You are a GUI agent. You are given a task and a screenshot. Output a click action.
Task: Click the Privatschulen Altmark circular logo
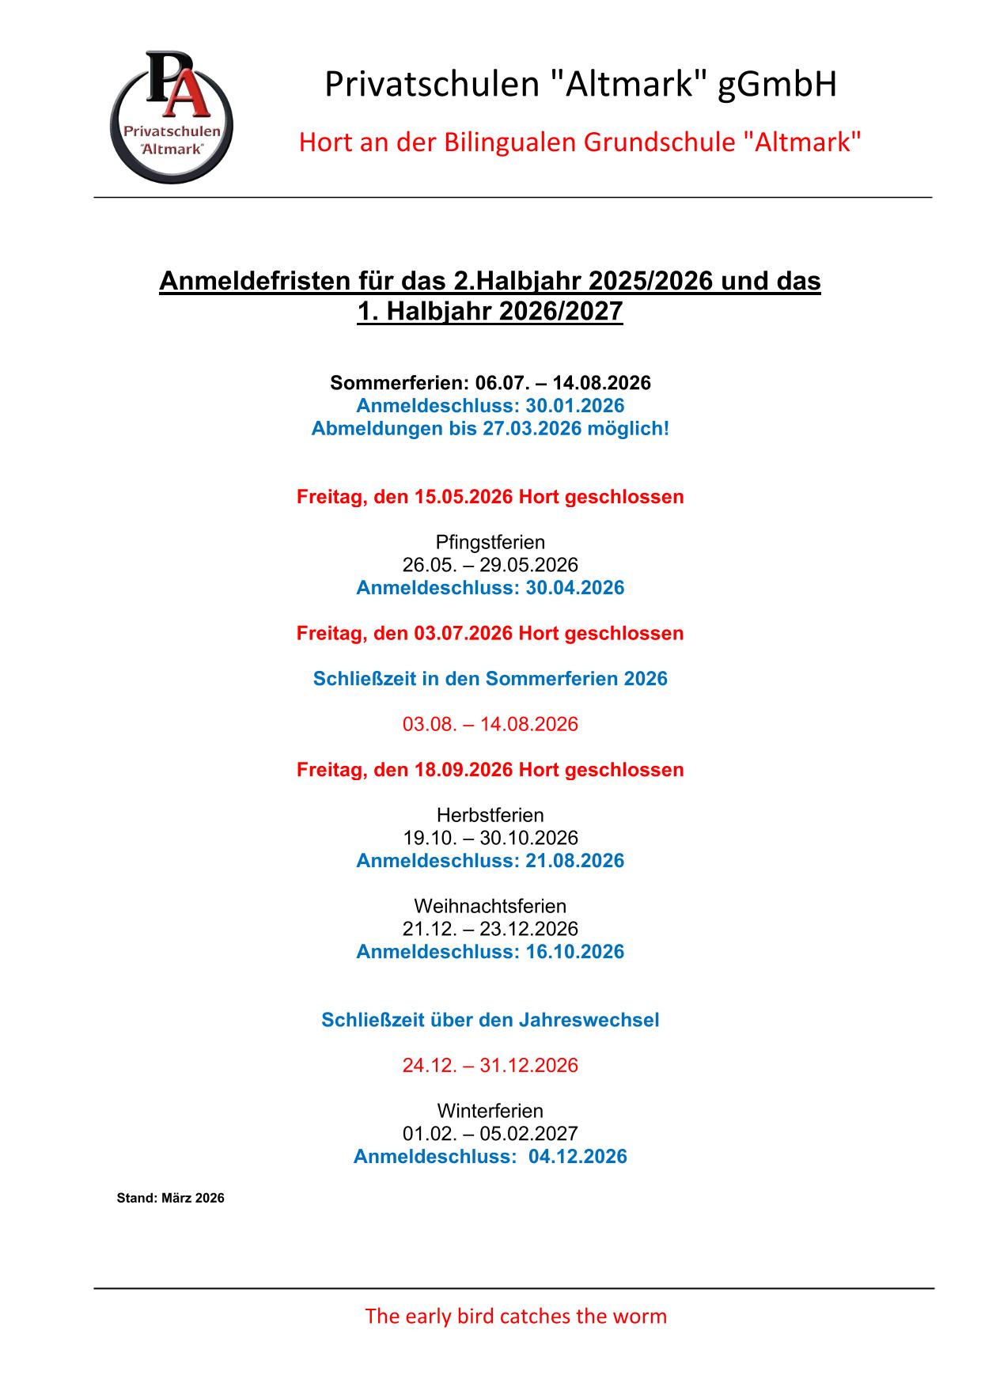[171, 117]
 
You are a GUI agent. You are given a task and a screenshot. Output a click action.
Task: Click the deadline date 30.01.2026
[575, 407]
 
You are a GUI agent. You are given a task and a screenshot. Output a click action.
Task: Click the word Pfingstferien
[490, 543]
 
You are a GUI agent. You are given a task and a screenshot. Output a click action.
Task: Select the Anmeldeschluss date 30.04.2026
[575, 589]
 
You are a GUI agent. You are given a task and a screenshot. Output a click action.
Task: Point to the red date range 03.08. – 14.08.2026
[490, 725]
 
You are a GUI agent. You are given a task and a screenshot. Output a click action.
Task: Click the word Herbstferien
[490, 816]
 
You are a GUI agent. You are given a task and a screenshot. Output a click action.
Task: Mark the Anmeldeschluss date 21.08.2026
[575, 862]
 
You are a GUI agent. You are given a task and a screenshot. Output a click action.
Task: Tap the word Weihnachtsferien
[490, 907]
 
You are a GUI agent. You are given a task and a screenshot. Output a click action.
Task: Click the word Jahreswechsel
[589, 1021]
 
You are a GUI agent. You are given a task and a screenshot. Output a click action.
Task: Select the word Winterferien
[490, 1112]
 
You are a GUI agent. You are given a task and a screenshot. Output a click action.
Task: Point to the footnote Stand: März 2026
[171, 1199]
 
